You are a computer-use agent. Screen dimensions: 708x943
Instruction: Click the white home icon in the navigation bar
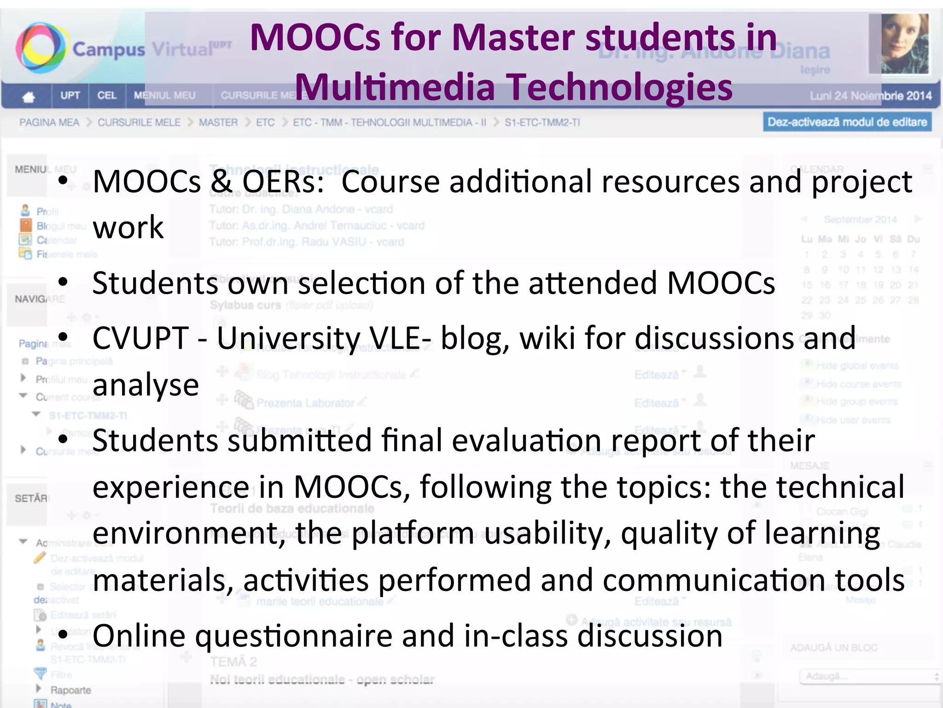point(29,96)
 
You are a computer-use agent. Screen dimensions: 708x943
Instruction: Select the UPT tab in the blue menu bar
point(70,95)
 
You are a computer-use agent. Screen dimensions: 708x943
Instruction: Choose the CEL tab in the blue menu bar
point(106,95)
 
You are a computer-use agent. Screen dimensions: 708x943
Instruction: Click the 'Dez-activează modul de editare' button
point(847,122)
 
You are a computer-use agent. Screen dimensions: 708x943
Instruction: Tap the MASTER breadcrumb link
point(218,123)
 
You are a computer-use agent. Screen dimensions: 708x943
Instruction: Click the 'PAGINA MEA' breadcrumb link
point(49,123)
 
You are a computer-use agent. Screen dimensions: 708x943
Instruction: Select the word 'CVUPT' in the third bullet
point(140,338)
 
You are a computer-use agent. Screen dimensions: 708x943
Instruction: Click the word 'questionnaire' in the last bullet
point(293,636)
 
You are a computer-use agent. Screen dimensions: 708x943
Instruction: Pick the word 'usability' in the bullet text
point(547,534)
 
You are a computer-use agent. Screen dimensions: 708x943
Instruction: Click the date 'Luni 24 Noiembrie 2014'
point(870,96)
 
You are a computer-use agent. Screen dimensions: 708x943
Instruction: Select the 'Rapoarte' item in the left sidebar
point(70,690)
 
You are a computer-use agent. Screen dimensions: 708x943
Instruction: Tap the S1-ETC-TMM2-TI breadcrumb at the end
point(542,123)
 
